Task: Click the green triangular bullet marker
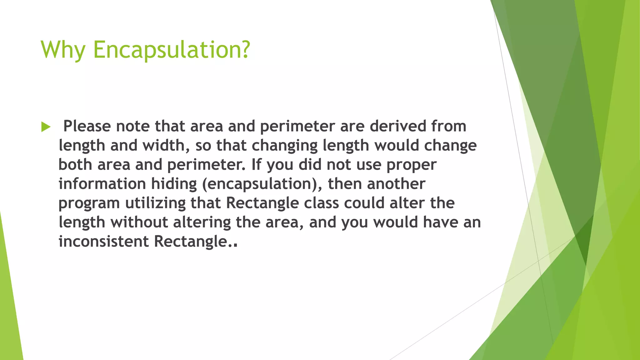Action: click(x=46, y=127)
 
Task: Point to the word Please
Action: click(x=87, y=126)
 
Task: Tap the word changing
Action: click(x=284, y=146)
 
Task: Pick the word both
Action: click(x=75, y=165)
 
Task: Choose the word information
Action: click(x=102, y=184)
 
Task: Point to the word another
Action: click(x=396, y=184)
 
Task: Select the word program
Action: click(x=89, y=203)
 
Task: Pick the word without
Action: click(x=139, y=222)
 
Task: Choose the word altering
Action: click(x=202, y=222)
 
